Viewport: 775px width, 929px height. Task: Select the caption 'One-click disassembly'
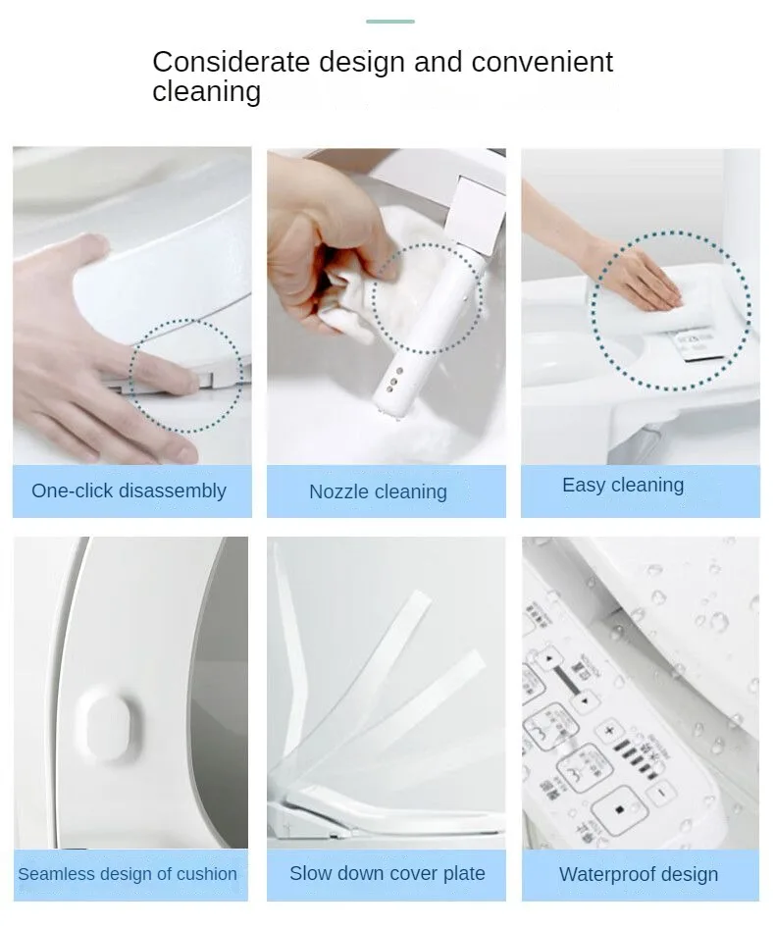click(129, 490)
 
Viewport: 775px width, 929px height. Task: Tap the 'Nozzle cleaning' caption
click(378, 491)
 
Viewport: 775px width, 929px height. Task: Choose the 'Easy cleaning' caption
click(623, 485)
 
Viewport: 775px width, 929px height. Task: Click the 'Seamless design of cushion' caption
click(128, 873)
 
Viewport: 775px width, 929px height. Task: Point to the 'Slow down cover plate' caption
click(387, 873)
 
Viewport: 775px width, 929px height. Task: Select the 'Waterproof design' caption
click(639, 874)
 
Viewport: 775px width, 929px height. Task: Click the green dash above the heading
click(390, 22)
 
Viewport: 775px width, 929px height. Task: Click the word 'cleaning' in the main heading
click(206, 92)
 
